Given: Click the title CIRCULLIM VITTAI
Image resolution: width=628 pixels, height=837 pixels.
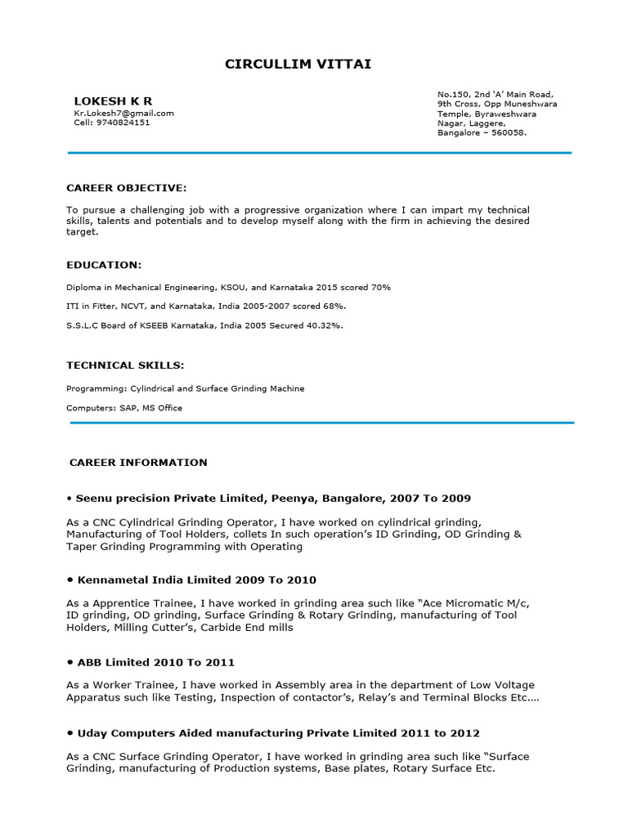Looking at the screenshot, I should pos(298,64).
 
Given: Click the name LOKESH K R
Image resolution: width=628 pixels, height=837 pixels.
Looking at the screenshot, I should pos(113,101).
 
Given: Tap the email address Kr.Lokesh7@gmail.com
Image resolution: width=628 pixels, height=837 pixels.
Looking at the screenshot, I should pos(123,113).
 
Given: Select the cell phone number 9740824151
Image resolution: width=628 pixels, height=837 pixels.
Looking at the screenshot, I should pos(123,123).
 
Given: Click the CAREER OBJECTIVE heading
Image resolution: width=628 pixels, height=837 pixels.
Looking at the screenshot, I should pos(127,188).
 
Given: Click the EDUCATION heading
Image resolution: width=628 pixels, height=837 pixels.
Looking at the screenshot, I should pos(104,265).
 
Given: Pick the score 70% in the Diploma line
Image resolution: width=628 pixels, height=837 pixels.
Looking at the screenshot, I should pos(381,287).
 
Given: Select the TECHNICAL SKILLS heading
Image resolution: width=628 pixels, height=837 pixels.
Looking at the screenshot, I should pos(125,365).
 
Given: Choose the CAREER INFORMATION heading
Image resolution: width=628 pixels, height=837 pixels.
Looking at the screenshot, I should pos(138,462).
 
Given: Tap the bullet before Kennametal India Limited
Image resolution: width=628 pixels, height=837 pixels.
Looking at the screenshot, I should pos(71,580).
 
